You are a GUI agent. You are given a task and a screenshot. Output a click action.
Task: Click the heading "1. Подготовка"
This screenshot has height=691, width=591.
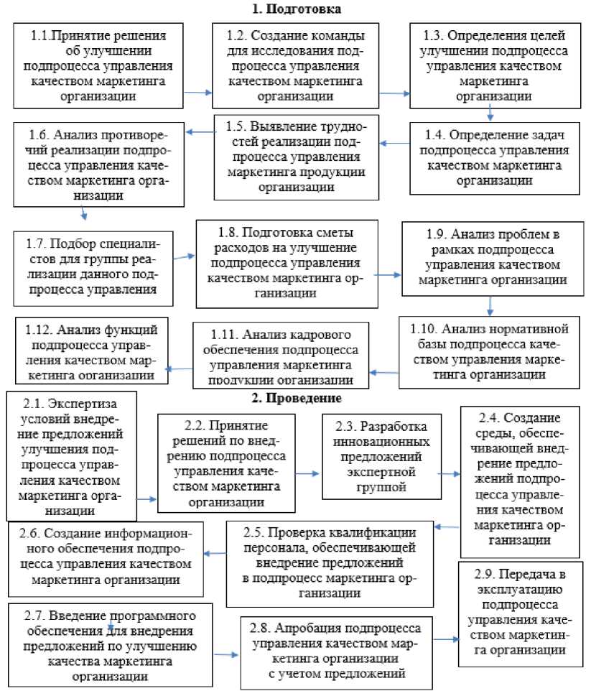(297, 9)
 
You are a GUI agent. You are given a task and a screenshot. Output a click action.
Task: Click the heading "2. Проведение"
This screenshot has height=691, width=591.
(297, 398)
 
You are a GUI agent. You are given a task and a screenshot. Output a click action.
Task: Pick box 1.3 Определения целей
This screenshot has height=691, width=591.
(496, 65)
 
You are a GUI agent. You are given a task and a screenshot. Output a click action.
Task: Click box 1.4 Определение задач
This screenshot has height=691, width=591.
(495, 158)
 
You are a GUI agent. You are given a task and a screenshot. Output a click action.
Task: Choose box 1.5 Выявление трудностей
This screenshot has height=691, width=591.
(296, 155)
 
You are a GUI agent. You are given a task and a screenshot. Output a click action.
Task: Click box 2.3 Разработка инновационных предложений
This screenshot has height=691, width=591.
(378, 457)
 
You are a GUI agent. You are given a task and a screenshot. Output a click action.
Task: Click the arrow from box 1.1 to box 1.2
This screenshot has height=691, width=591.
(198, 92)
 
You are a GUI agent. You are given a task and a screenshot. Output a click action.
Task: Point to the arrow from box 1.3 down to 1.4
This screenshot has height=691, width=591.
(490, 112)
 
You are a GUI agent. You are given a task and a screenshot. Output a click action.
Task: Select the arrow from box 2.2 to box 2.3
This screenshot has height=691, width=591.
(305, 473)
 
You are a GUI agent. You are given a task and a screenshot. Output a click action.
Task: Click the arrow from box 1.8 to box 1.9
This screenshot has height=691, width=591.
(388, 274)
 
